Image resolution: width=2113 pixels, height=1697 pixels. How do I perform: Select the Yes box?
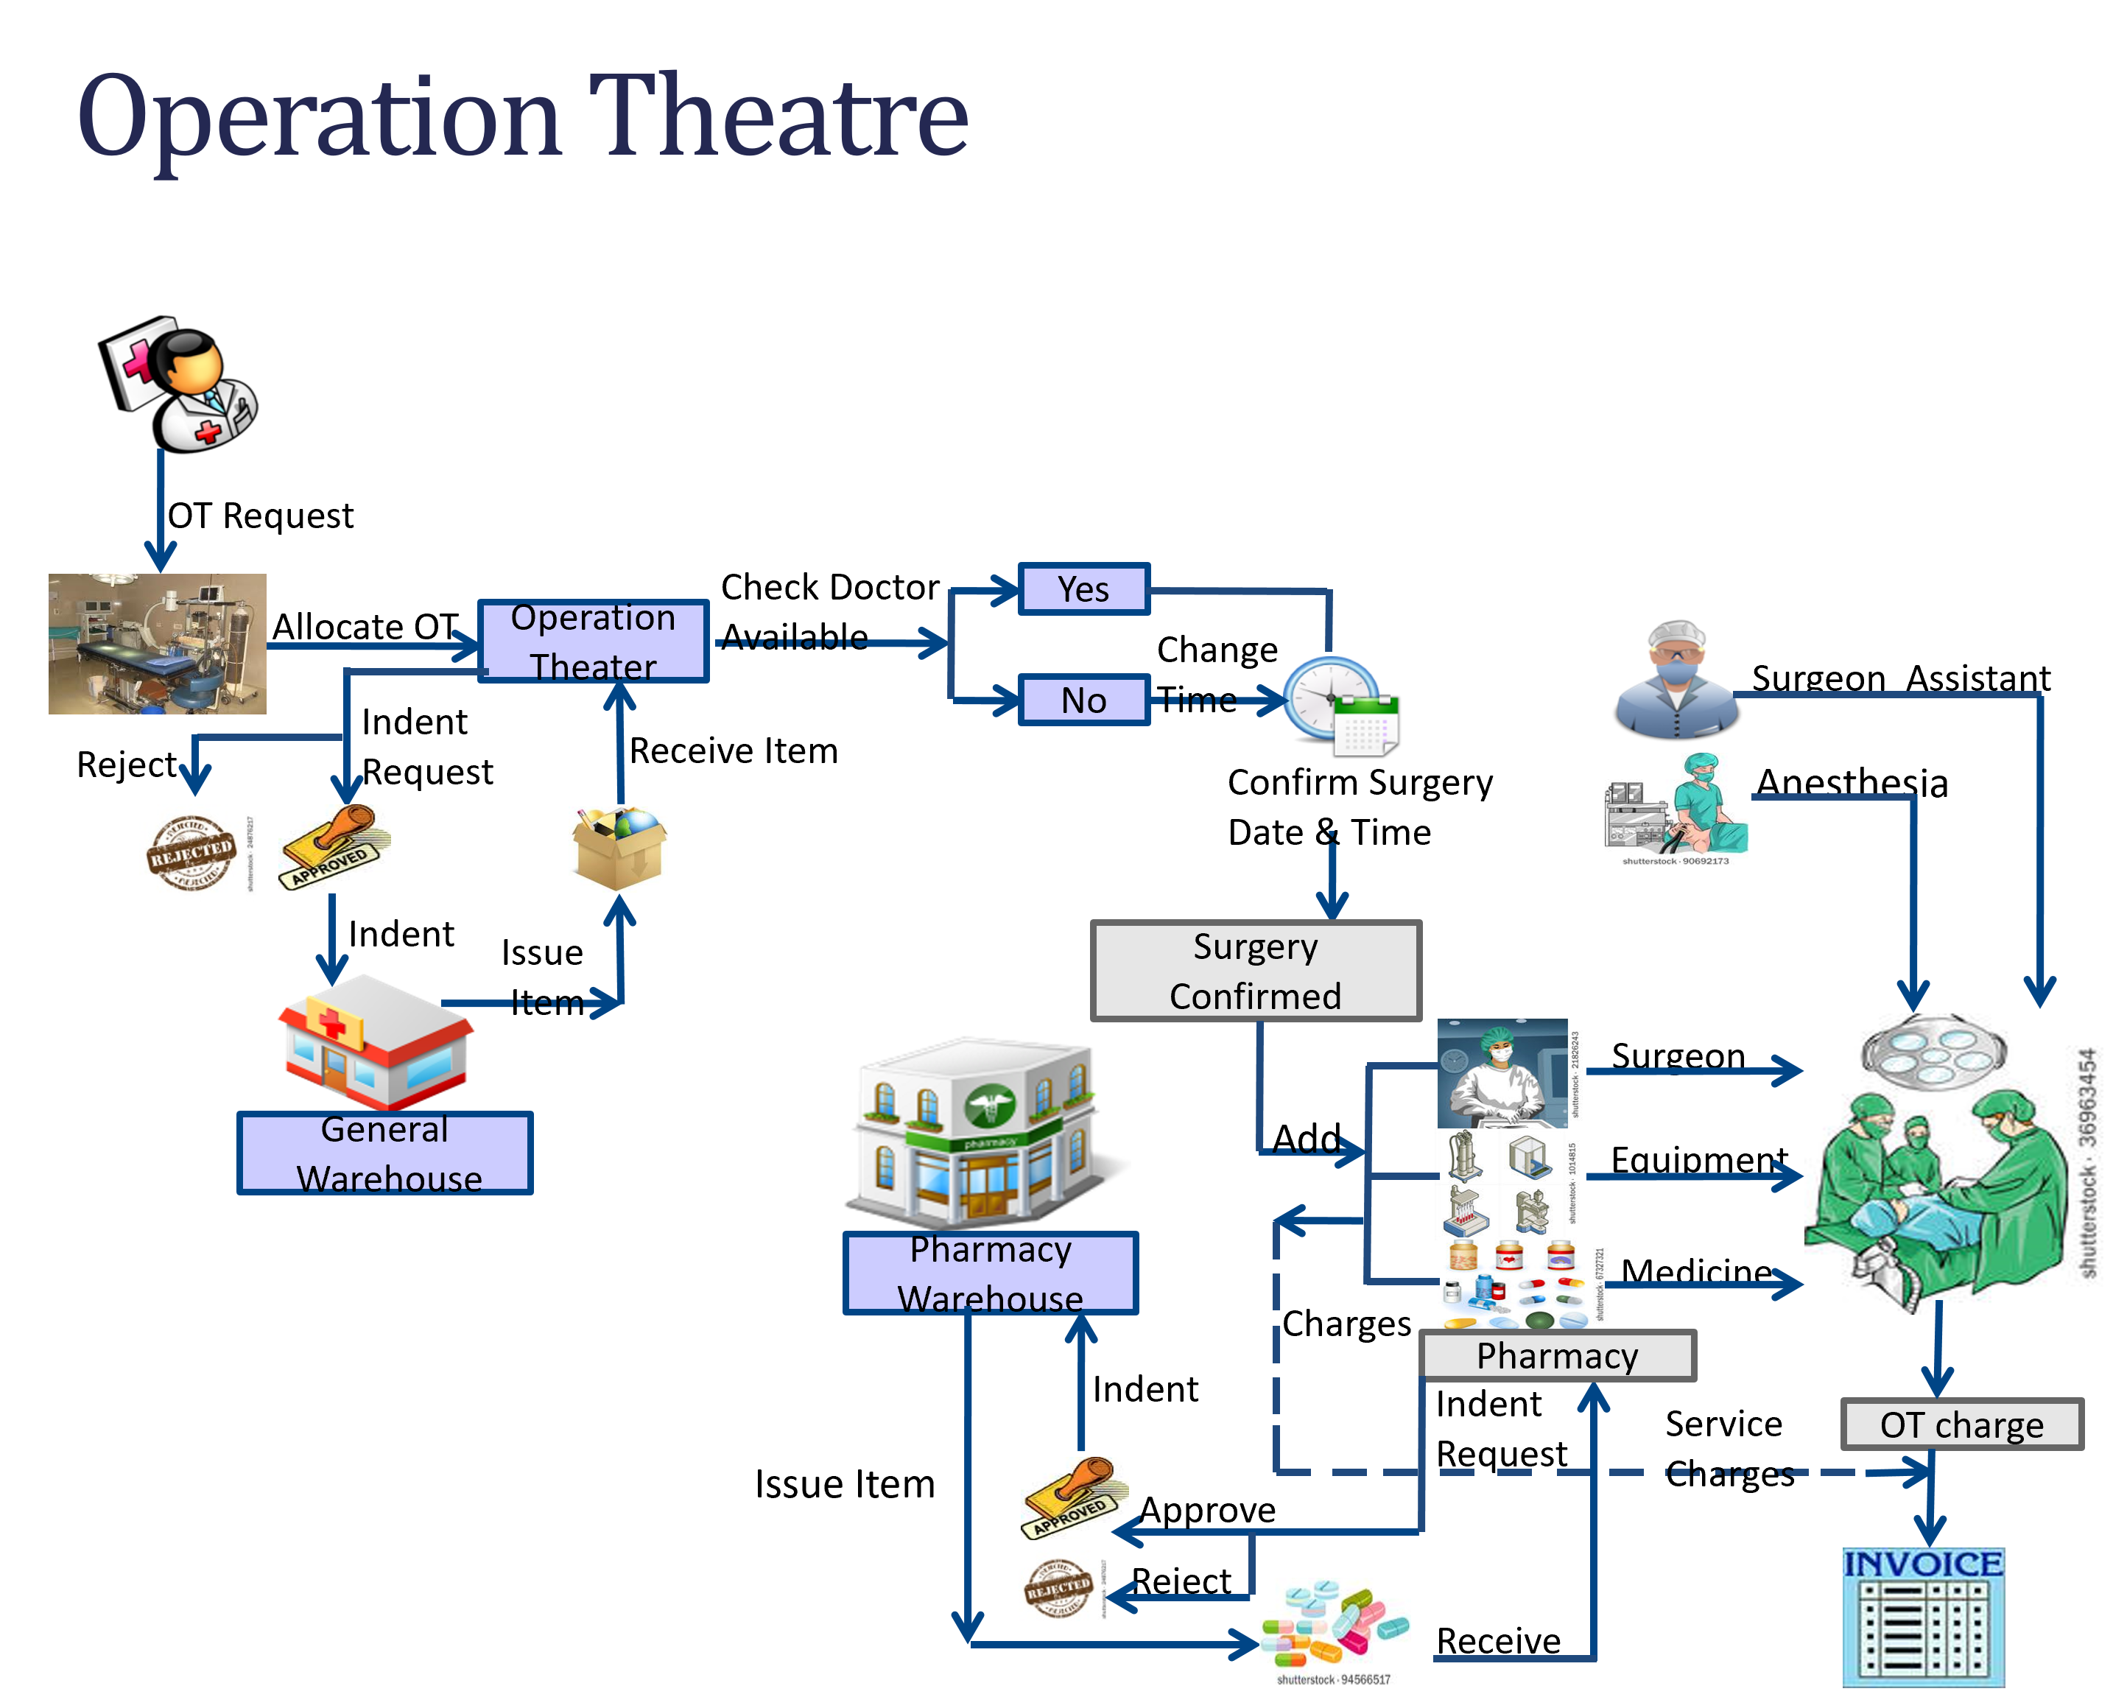1084,589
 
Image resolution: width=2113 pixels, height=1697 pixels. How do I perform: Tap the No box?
1084,700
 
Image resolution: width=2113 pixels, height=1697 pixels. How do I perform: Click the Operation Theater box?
593,641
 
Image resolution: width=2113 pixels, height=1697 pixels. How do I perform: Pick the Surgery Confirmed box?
1256,971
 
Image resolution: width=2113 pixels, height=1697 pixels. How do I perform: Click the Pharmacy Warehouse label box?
991,1273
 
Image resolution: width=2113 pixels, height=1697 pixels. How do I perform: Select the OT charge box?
1962,1424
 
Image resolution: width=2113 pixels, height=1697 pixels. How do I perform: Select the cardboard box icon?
619,849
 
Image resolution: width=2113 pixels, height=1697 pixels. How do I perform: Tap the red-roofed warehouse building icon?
376,1041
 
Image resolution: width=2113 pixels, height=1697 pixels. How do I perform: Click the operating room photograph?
158,644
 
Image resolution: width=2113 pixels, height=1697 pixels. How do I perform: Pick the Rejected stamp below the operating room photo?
197,854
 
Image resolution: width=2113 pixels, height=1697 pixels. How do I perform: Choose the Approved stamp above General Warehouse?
334,847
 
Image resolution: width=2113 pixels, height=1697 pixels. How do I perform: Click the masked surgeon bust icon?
1676,678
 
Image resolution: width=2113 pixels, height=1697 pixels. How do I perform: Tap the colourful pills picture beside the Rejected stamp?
1335,1633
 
